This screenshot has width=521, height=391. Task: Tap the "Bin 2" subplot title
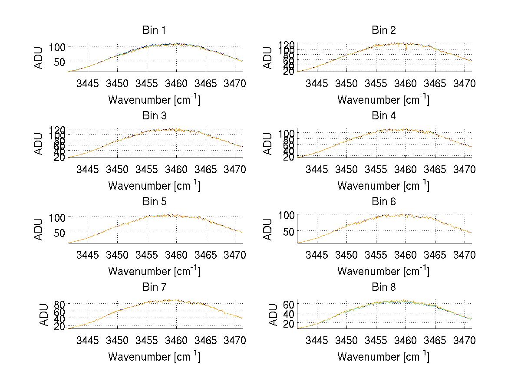383,30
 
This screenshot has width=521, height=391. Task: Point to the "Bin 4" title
383,116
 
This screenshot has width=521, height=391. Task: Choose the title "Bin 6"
383,202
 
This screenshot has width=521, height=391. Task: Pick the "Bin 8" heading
383,287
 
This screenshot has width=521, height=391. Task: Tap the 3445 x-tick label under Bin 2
317,83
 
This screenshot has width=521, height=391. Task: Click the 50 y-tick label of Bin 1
59,62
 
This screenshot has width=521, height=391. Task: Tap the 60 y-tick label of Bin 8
289,304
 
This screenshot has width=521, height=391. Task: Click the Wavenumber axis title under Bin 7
154,357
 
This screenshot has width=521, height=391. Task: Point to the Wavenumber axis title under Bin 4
383,185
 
